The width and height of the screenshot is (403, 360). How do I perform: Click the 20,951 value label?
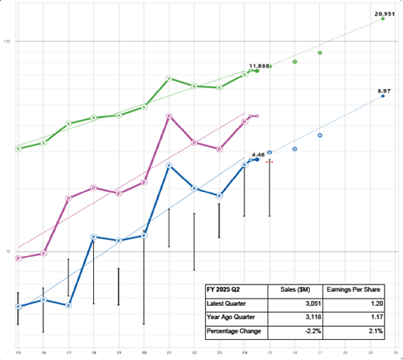[x=384, y=13]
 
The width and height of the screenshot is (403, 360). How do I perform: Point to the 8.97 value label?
[x=384, y=90]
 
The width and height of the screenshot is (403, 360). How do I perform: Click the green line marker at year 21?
[x=169, y=78]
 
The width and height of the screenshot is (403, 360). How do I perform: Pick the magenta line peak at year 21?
[x=170, y=116]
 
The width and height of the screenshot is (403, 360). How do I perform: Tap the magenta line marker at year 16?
[x=43, y=253]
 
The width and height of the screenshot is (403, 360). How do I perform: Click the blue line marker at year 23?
[x=219, y=196]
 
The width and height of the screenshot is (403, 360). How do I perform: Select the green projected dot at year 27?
[x=320, y=52]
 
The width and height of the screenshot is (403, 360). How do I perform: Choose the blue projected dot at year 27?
[x=320, y=135]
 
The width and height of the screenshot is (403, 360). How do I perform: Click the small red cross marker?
[x=269, y=162]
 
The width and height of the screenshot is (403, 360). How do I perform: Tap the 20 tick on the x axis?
[x=144, y=353]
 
